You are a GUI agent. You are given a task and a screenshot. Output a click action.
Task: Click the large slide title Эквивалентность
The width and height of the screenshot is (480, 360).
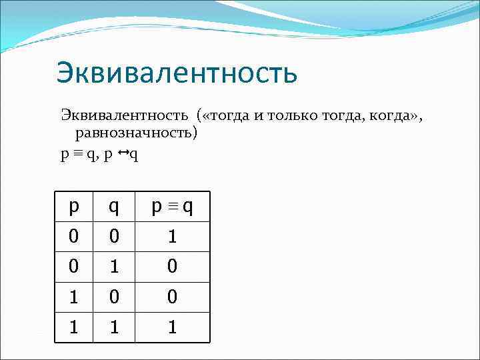coord(177,73)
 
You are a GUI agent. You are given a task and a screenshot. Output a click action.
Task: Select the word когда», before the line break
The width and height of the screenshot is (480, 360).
coord(393,117)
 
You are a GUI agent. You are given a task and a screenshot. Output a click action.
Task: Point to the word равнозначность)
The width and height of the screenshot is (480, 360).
coord(137,133)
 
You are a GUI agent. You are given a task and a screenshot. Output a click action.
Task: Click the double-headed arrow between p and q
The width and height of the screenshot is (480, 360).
coord(124,153)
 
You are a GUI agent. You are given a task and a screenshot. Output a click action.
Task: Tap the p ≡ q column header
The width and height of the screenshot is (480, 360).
coord(172,207)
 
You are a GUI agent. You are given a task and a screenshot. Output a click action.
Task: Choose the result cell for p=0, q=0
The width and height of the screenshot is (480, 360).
coord(172,237)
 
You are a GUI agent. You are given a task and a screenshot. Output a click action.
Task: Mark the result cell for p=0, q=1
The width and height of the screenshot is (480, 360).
coord(172,267)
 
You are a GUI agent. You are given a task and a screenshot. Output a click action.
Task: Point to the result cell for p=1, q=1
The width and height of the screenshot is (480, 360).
coord(172,327)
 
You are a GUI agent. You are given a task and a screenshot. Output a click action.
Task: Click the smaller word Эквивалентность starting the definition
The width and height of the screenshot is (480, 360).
coord(125,117)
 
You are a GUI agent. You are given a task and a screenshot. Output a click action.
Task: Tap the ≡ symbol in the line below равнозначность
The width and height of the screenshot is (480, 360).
coord(79,154)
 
